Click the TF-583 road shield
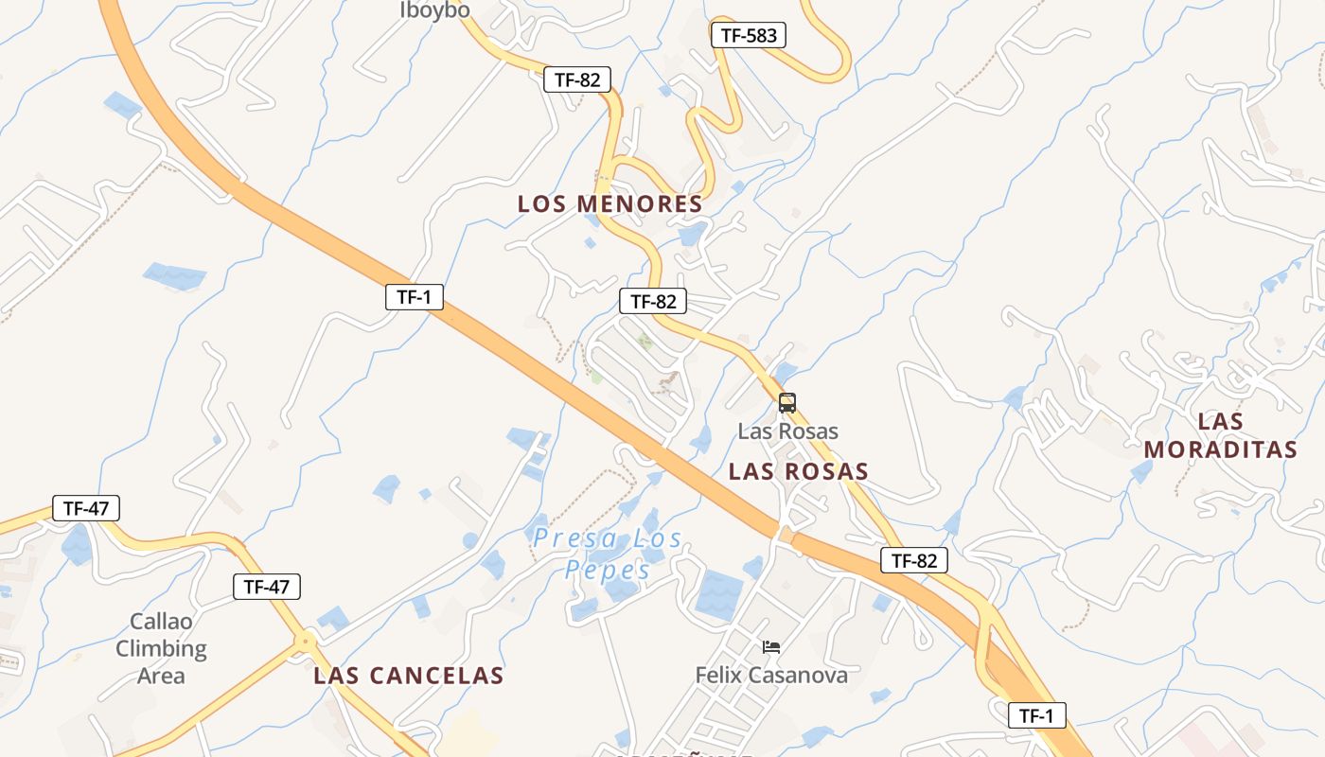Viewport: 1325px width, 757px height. point(749,36)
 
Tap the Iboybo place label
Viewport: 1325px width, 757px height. point(434,10)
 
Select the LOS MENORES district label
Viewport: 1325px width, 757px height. point(610,203)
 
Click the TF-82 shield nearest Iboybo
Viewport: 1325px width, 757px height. point(577,79)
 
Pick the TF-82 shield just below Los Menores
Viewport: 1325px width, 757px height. point(653,302)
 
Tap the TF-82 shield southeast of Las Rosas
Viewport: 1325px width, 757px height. point(914,560)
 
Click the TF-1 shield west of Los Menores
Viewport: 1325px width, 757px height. point(415,297)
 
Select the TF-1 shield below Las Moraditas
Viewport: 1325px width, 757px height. point(1037,715)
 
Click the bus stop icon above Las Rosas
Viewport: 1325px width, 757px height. point(787,403)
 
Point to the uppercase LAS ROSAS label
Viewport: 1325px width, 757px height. point(799,471)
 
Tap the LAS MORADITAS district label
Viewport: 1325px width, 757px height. point(1221,435)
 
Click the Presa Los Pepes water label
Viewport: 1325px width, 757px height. point(608,555)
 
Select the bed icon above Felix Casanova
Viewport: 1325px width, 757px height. point(771,647)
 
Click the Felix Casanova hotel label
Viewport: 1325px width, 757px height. point(771,676)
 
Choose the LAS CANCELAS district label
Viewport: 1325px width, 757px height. point(409,676)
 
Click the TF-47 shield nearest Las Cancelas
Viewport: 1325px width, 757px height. point(267,587)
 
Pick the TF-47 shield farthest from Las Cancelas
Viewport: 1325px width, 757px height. point(86,508)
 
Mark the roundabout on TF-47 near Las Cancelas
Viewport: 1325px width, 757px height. point(305,643)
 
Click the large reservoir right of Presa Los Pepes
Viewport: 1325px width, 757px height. point(719,595)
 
